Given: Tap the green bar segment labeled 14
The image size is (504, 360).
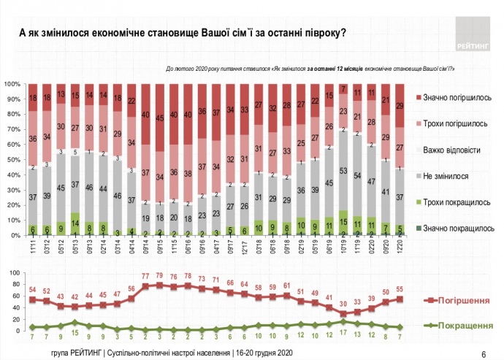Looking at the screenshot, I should click(75, 224).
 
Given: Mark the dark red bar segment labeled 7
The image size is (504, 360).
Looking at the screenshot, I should click(343, 88).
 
